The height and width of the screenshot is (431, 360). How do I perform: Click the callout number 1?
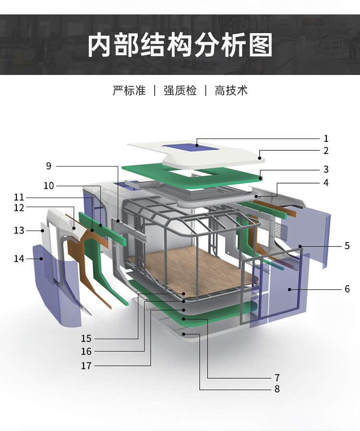[x=326, y=139]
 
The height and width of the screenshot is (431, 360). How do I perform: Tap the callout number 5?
[x=347, y=246]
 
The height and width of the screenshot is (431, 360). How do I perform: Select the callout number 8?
[x=277, y=389]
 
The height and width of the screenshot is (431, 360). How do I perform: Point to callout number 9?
[x=48, y=166]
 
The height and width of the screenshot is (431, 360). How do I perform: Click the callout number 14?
[x=19, y=259]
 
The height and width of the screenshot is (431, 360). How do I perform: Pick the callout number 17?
[x=86, y=366]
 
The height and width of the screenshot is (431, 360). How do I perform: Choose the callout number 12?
[x=19, y=208]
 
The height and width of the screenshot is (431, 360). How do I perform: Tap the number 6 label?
[x=347, y=289]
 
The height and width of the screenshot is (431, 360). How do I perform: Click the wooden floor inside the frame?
[x=192, y=269]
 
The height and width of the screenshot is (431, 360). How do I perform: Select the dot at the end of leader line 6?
[x=289, y=289]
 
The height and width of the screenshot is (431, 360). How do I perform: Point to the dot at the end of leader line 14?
[x=42, y=259]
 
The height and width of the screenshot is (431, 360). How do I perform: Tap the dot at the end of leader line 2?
[x=260, y=157]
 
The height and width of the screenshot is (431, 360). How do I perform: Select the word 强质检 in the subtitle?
[x=180, y=90]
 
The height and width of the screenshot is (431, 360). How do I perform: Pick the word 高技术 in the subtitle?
[x=231, y=90]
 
